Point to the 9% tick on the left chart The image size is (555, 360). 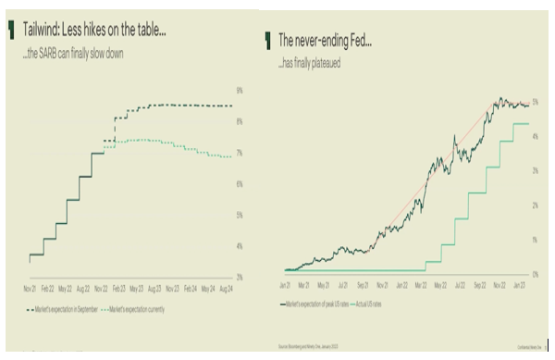[239, 91]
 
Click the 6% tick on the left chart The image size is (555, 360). [239, 184]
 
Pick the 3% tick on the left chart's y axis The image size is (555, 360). [239, 278]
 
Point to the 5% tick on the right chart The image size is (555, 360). [535, 101]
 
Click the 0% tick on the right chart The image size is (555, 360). [535, 271]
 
